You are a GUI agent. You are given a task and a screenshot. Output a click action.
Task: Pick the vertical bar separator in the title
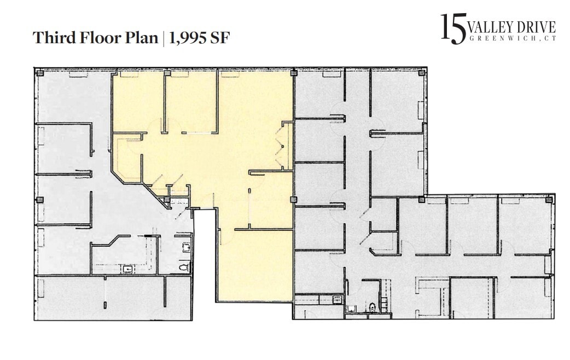click(x=163, y=38)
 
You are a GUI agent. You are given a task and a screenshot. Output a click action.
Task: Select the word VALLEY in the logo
click(x=491, y=27)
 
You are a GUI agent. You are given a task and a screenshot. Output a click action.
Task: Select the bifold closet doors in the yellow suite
click(x=282, y=145)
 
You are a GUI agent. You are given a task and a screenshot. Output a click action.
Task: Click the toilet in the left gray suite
click(x=184, y=267)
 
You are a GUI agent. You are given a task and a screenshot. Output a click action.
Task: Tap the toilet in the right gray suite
click(x=372, y=307)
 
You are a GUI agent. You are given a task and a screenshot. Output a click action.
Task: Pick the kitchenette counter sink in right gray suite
click(x=336, y=299)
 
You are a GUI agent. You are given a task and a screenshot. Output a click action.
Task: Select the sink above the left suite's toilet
click(x=186, y=247)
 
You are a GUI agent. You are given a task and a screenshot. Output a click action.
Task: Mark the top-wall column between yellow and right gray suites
click(x=294, y=72)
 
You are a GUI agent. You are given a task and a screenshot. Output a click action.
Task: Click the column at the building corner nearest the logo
click(x=422, y=72)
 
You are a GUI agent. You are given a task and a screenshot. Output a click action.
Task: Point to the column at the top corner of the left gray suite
click(x=39, y=72)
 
